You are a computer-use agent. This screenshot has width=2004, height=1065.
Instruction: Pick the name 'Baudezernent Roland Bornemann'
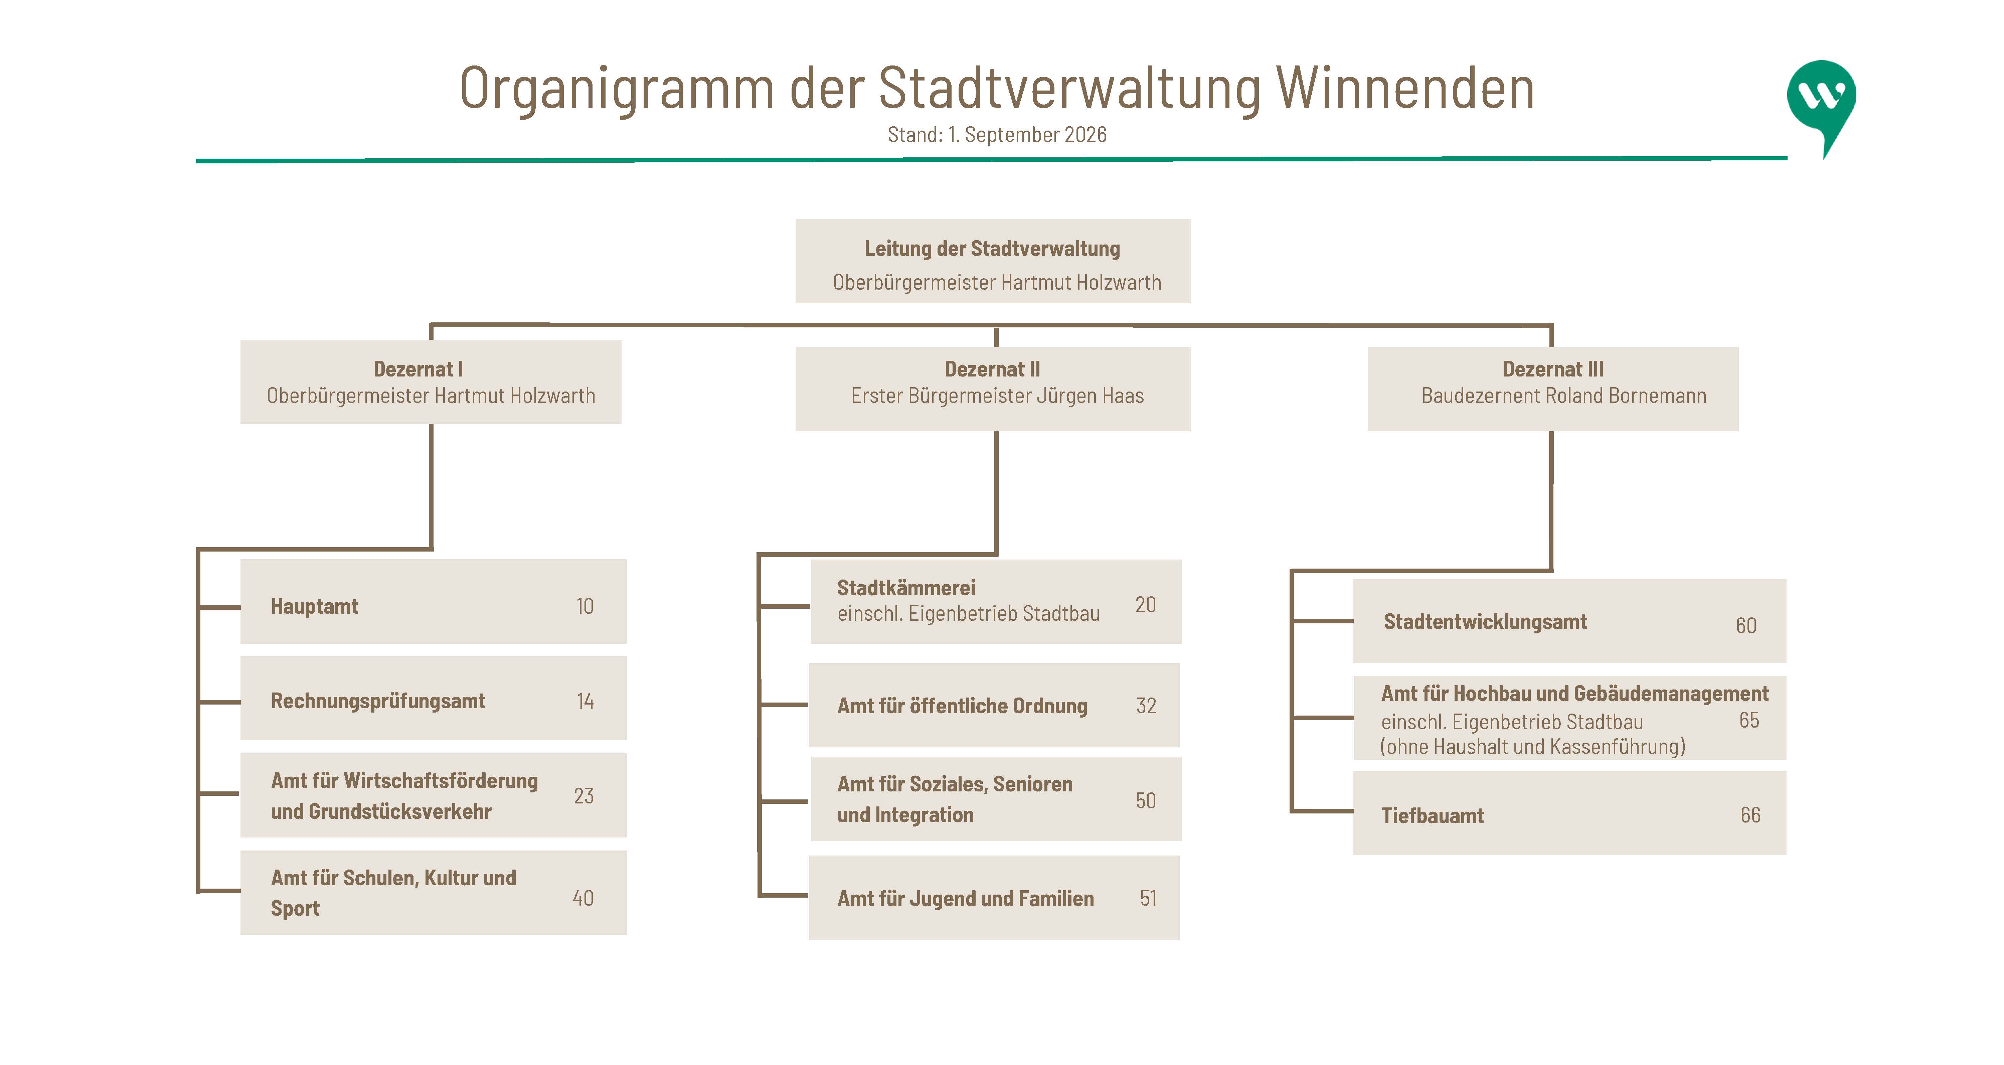(1564, 396)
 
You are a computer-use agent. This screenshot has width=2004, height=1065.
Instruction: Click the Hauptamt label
(314, 607)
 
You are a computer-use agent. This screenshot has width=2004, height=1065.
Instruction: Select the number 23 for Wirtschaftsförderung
(583, 796)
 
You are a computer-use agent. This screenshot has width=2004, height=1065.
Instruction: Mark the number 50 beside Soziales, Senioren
(1145, 800)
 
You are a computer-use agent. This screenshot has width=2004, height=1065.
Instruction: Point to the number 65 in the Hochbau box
(1749, 720)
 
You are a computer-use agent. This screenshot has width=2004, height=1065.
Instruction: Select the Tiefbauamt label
(1432, 816)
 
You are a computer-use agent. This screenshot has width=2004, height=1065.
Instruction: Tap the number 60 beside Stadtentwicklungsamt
(1746, 625)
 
